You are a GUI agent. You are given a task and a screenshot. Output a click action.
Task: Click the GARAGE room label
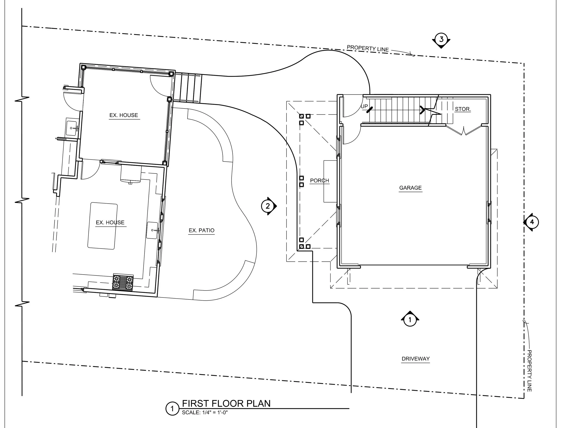410,188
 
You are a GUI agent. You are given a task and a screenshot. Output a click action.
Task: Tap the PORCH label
320,181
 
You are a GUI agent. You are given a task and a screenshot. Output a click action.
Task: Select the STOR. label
463,109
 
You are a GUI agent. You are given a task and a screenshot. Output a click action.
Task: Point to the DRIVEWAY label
415,359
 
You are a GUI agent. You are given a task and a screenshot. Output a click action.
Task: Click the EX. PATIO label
202,230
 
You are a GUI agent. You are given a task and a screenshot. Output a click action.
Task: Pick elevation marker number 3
441,40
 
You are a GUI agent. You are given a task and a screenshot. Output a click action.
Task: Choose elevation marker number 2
269,206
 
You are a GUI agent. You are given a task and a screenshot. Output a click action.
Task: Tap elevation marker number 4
531,222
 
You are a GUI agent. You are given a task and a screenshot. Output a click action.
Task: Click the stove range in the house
123,282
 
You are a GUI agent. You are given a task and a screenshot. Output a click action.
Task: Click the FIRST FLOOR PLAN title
226,404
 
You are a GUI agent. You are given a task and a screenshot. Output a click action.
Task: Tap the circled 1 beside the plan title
172,409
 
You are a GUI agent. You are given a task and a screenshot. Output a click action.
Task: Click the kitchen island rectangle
103,226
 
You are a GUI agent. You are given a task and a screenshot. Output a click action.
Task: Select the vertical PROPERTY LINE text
529,371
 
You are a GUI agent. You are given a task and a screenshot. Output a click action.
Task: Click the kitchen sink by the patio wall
152,230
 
